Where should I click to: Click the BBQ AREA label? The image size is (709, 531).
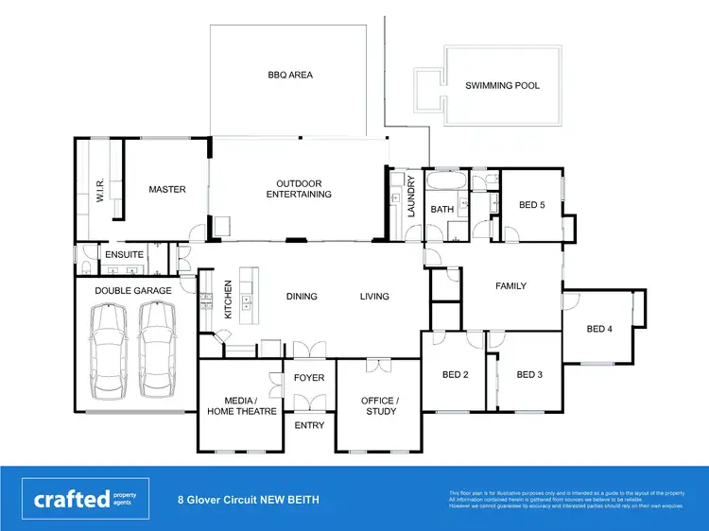(289, 75)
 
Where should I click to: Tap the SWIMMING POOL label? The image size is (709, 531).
(502, 85)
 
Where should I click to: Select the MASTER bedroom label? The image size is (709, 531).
(167, 189)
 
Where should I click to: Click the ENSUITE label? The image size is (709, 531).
(124, 254)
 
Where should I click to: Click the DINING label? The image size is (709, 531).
(302, 297)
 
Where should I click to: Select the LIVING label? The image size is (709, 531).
(374, 297)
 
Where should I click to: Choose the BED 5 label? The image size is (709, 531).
(532, 205)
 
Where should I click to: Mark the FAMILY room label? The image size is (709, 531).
(510, 286)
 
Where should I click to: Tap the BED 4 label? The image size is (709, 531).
(599, 329)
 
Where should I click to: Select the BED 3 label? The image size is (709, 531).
(529, 374)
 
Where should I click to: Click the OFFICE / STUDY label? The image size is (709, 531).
(379, 405)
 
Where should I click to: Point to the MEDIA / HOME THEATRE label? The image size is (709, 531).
(243, 405)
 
